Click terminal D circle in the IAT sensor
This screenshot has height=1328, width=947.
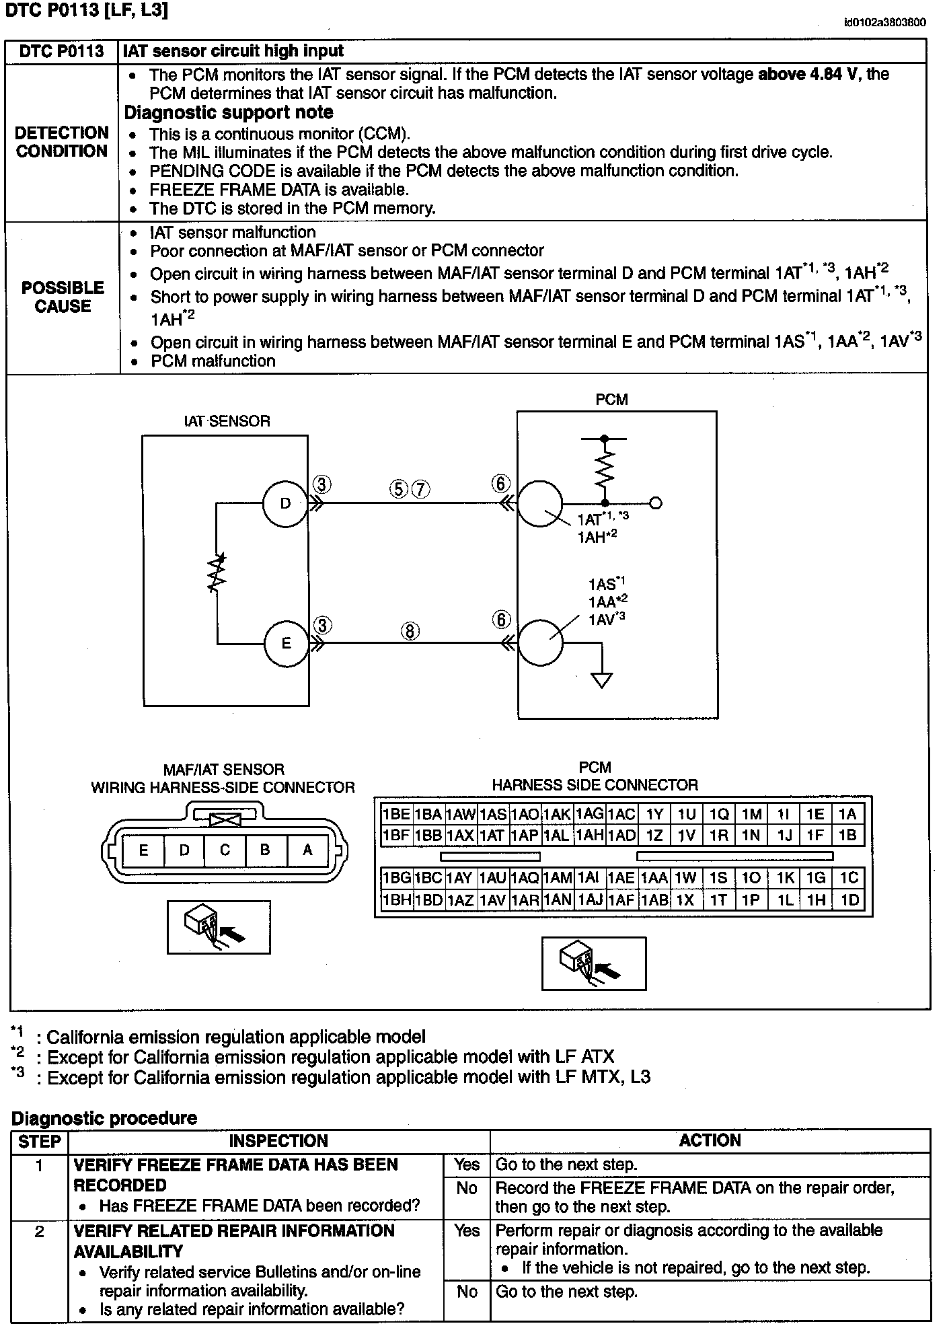[285, 504]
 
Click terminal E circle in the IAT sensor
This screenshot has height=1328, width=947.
[286, 643]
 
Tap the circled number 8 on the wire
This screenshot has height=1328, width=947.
[410, 631]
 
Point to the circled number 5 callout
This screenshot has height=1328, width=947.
[399, 489]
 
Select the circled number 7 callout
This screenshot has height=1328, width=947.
[420, 489]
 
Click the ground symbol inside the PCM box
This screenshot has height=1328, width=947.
[602, 680]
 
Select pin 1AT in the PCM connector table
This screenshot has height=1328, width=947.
[492, 836]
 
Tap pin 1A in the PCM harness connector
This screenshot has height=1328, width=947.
[847, 815]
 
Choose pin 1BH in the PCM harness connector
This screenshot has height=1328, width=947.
[396, 900]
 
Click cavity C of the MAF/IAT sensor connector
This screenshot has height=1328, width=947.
[225, 850]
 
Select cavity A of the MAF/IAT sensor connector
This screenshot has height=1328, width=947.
[307, 850]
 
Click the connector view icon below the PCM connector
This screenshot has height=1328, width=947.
[594, 963]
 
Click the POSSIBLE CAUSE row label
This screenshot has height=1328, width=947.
[63, 297]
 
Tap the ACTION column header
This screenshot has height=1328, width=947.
[710, 1140]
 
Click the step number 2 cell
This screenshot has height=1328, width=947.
[40, 1231]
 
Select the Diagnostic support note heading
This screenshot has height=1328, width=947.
[229, 112]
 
